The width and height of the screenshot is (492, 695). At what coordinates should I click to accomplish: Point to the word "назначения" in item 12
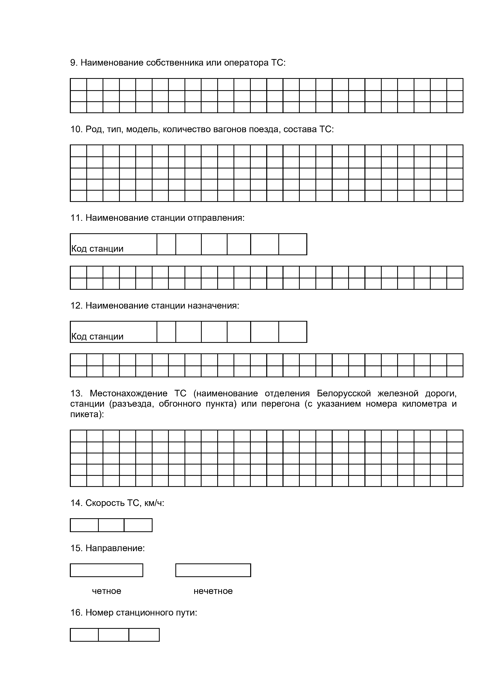click(x=213, y=306)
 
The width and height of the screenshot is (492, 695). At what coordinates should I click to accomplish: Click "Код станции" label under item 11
click(x=97, y=249)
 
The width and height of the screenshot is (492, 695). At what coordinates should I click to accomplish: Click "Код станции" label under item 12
click(x=97, y=337)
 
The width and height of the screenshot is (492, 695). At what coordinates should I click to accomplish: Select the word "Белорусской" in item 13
click(x=344, y=394)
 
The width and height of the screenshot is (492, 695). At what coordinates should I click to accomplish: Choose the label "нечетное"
click(x=213, y=591)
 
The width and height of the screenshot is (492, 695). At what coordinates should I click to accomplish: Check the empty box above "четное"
click(x=106, y=570)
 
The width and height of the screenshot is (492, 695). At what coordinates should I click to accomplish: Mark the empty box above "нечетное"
click(x=213, y=570)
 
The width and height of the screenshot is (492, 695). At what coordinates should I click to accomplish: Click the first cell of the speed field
click(x=84, y=525)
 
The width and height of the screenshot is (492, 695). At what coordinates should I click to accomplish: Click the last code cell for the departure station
click(x=293, y=244)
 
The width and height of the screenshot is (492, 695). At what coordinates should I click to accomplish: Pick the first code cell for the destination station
click(x=166, y=332)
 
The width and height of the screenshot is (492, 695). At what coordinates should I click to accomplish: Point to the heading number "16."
click(x=77, y=613)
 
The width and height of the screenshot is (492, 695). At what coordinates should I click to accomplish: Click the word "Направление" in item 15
click(x=115, y=548)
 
